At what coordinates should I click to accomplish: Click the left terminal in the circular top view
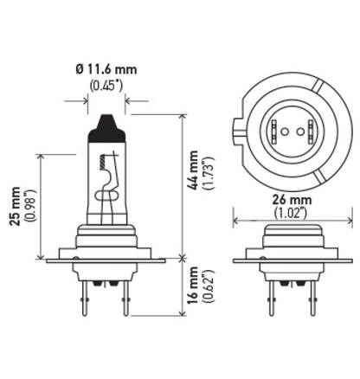277,132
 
